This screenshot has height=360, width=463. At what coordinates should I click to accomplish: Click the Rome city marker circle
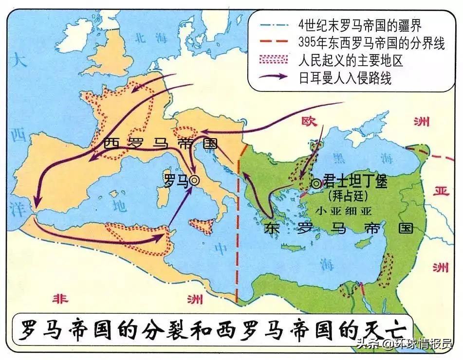pyautogui.click(x=194, y=180)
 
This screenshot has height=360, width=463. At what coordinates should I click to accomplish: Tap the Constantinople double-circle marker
pyautogui.click(x=316, y=183)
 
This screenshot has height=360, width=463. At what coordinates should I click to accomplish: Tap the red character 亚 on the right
pyautogui.click(x=441, y=191)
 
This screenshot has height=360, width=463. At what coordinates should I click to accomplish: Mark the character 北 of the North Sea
pyautogui.click(x=140, y=36)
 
